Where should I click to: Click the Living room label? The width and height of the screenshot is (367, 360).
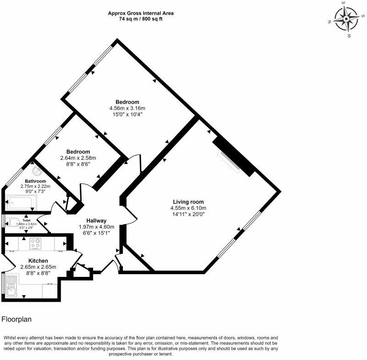coord(188,202)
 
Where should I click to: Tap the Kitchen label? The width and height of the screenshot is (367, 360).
coord(38,261)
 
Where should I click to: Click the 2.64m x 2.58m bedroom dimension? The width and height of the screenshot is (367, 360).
coord(78,158)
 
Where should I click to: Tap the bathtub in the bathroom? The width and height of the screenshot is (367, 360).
coord(22,202)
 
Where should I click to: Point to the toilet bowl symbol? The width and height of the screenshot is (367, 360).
coord(14,222)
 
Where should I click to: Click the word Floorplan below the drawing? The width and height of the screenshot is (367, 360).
coord(17,319)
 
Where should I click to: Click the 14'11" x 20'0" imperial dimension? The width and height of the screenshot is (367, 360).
coord(188,214)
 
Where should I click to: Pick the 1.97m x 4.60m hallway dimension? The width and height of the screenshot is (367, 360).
coord(96,227)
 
